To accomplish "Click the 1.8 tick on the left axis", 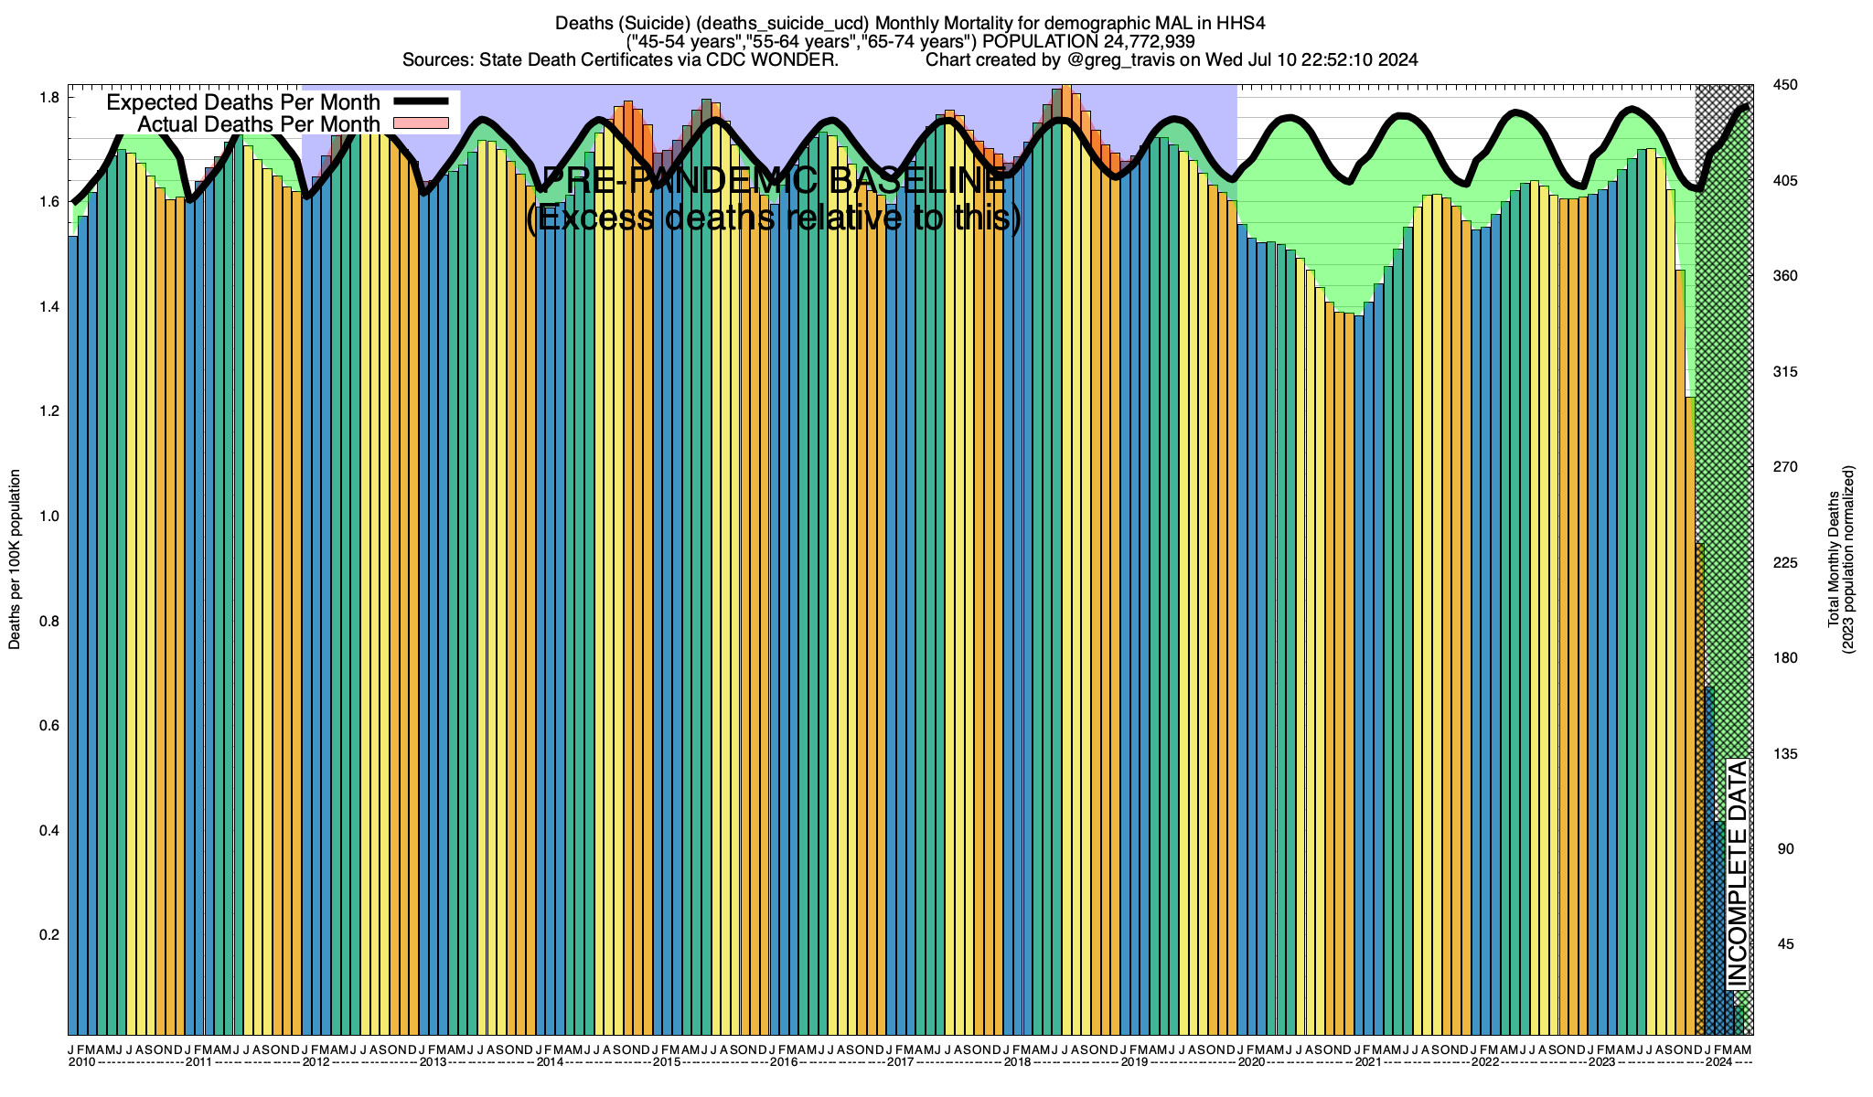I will [x=49, y=98].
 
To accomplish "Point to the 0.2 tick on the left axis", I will [x=49, y=935].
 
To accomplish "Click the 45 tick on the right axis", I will [x=1783, y=945].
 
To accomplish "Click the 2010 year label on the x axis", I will [x=81, y=1062].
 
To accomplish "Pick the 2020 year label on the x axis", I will [x=1251, y=1062].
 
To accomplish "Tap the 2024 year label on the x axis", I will [x=1718, y=1062].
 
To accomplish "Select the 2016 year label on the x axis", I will [x=784, y=1062].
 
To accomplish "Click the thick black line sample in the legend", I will [x=421, y=101].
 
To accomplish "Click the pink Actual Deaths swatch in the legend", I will [x=421, y=122].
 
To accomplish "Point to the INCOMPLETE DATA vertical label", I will [x=1737, y=874].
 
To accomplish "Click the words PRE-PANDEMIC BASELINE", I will [x=774, y=180].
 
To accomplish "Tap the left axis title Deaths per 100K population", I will [x=15, y=559].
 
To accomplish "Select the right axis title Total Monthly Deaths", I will [x=1834, y=559].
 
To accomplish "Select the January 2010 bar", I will [x=73, y=640].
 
